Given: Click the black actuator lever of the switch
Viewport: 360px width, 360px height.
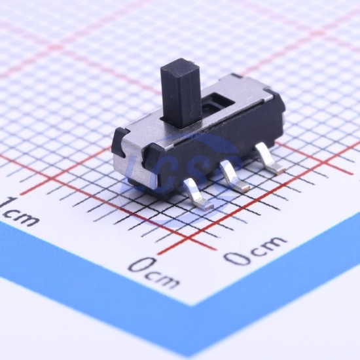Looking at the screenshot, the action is point(181,93).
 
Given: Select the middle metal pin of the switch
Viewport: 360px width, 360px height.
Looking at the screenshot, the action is point(232,175).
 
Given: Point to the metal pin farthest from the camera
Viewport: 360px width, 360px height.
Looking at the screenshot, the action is point(268,158).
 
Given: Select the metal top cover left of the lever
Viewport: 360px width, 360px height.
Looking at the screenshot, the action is point(147,132).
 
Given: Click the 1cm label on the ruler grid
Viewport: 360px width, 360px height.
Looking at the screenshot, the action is point(17,212).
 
